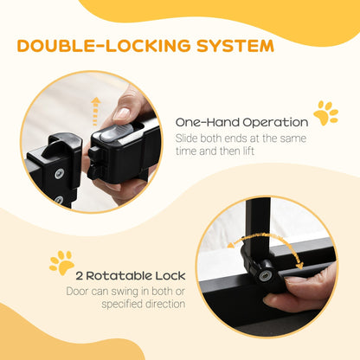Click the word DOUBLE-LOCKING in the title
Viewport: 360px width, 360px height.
(97, 44)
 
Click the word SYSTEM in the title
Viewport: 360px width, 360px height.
(228, 44)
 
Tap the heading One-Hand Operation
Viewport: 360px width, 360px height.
(241, 122)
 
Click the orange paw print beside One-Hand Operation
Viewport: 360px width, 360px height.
(326, 112)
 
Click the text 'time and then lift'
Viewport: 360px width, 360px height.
(214, 152)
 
